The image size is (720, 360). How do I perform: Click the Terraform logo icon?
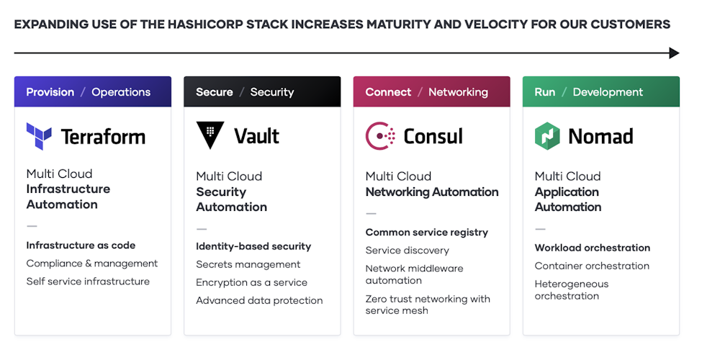point(39,136)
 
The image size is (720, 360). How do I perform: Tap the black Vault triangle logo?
point(210,135)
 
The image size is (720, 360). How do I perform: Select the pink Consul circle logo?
point(380,135)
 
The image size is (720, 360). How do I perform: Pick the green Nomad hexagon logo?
point(547,135)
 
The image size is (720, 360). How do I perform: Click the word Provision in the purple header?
point(50,92)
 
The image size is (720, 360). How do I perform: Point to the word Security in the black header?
point(272,92)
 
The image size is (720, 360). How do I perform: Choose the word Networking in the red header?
point(458,92)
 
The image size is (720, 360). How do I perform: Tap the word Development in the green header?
point(608,92)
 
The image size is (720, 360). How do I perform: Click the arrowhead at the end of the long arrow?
point(674,53)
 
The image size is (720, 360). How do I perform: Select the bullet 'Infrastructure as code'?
point(81,246)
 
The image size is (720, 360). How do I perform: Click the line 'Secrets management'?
point(248,264)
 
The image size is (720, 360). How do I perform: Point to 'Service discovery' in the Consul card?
point(407,251)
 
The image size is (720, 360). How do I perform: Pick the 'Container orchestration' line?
point(592,266)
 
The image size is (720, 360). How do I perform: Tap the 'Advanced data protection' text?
point(259,300)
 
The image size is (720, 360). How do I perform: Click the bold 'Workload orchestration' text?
point(592,248)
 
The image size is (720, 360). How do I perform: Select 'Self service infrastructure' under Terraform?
point(88,282)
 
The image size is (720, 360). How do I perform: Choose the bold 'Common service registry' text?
point(426,233)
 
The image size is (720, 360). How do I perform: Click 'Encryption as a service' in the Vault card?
point(251,282)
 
